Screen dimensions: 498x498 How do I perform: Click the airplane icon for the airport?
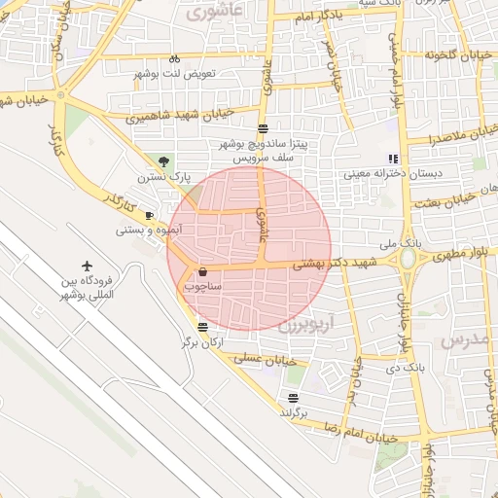click(x=88, y=266)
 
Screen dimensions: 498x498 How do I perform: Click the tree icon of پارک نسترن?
click(x=162, y=161)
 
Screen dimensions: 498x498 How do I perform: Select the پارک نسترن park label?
click(x=160, y=178)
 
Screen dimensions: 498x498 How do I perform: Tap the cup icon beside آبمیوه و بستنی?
click(x=149, y=215)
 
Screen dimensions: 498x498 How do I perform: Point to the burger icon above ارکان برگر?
click(x=201, y=327)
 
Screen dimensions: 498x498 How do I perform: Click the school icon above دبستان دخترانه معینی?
click(x=393, y=159)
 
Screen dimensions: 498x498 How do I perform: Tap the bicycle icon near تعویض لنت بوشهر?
click(x=174, y=58)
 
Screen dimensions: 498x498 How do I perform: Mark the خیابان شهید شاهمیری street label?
click(x=180, y=115)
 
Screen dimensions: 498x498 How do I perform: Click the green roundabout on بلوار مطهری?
click(x=408, y=258)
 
